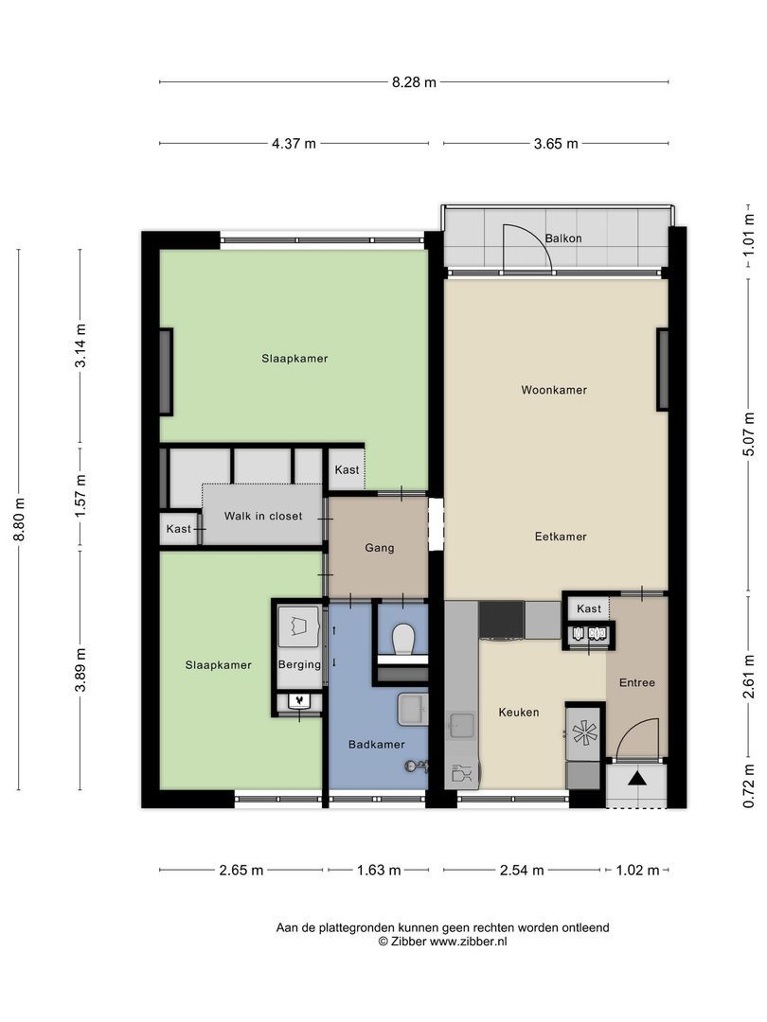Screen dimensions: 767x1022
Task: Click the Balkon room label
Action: tap(562, 238)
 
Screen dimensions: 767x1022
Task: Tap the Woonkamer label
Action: tap(554, 391)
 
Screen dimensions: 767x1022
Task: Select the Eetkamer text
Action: tap(561, 537)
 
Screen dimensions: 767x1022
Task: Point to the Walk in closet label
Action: tap(263, 517)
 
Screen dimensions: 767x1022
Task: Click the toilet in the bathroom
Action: tap(403, 639)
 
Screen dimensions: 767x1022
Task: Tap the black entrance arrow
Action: tap(637, 778)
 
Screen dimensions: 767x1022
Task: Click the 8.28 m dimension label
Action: tap(414, 82)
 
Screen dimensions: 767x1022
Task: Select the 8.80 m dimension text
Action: tap(20, 520)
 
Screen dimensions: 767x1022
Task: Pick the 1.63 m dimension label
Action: tap(379, 871)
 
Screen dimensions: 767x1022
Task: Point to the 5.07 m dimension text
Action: tap(749, 434)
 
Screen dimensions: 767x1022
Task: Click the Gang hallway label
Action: tap(379, 548)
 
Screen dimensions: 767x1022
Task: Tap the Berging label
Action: tap(299, 665)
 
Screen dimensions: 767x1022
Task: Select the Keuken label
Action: tap(519, 713)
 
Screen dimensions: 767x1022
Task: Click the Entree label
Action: tap(636, 683)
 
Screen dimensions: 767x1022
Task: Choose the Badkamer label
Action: tap(376, 745)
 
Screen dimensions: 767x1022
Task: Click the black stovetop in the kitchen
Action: tap(502, 620)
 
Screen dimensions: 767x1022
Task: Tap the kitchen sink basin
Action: tap(462, 726)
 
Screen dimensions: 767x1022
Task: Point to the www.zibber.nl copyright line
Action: tap(442, 942)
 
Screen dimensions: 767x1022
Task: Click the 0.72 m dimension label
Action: tap(749, 785)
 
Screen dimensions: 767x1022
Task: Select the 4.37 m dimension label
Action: tap(294, 144)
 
